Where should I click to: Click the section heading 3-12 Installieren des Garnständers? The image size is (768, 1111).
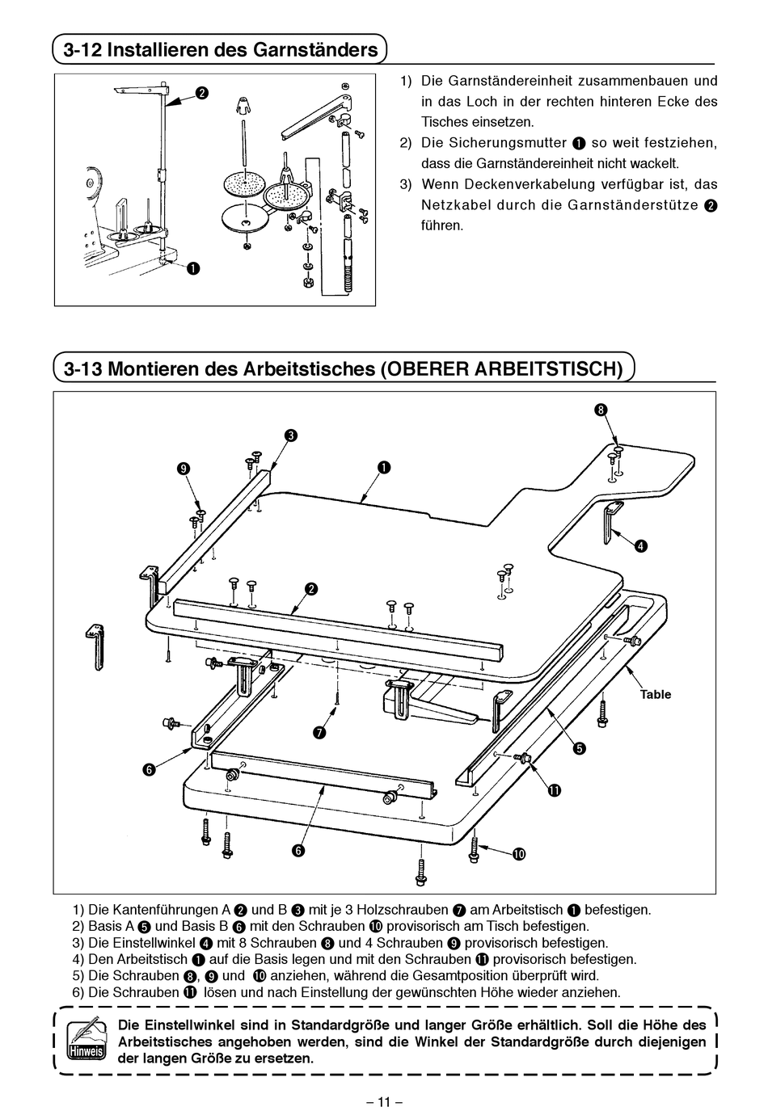(221, 50)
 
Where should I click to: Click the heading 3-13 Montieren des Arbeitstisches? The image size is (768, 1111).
(344, 369)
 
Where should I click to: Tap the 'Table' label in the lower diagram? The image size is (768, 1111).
(656, 694)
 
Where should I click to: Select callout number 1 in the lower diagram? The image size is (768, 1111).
(382, 467)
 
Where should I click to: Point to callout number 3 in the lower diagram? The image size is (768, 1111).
(289, 436)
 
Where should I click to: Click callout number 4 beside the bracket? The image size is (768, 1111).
(640, 545)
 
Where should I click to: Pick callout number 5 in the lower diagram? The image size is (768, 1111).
(579, 748)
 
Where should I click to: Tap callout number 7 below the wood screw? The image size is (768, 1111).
(319, 732)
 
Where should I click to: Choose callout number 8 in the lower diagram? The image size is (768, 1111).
(601, 410)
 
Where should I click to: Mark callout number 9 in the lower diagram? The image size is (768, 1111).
(184, 469)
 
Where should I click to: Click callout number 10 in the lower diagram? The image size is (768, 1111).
(518, 853)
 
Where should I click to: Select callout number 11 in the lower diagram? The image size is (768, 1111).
(554, 790)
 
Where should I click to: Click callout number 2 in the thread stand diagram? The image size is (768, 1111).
(201, 93)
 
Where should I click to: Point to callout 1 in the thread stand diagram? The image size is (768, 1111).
(193, 268)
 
